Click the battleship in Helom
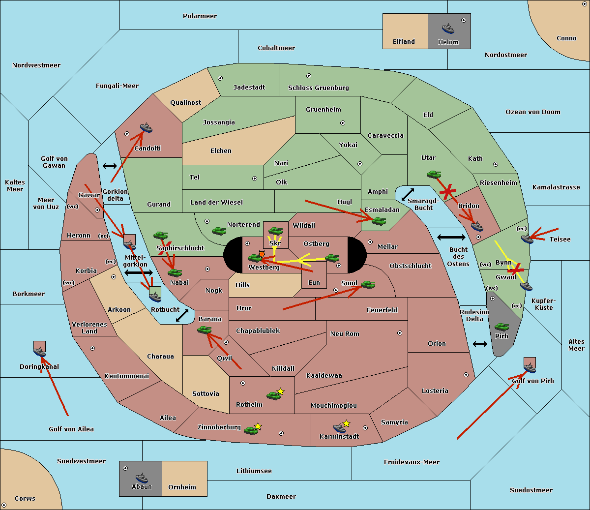pyautogui.click(x=448, y=29)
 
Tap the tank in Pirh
pyautogui.click(x=501, y=327)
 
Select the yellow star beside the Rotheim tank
pyautogui.click(x=280, y=391)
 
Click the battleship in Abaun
pyautogui.click(x=142, y=478)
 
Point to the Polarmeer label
pyautogui.click(x=200, y=16)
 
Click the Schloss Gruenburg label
pyautogui.click(x=318, y=88)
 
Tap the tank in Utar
pyautogui.click(x=434, y=174)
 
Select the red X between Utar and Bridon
pyautogui.click(x=447, y=192)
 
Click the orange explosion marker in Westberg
pyautogui.click(x=262, y=254)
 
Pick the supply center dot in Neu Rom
pyautogui.click(x=400, y=333)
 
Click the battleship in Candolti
pyautogui.click(x=146, y=128)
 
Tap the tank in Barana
pyautogui.click(x=205, y=330)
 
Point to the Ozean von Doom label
pyautogui.click(x=532, y=112)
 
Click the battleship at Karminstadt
pyautogui.click(x=339, y=428)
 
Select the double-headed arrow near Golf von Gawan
pyautogui.click(x=110, y=166)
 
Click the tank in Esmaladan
pyautogui.click(x=379, y=221)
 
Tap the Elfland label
pyautogui.click(x=404, y=42)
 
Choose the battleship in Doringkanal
pyautogui.click(x=39, y=352)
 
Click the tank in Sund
pyautogui.click(x=368, y=284)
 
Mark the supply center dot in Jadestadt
pyautogui.click(x=220, y=78)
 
